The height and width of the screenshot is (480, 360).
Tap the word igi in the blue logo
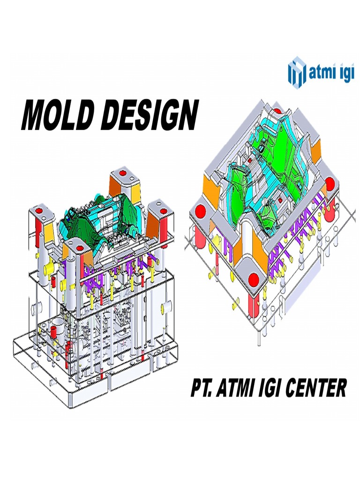click(x=341, y=74)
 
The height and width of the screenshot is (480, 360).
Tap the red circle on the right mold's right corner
click(x=330, y=183)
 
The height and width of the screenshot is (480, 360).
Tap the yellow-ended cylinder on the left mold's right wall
click(x=165, y=309)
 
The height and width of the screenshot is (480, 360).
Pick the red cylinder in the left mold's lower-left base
click(x=53, y=331)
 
